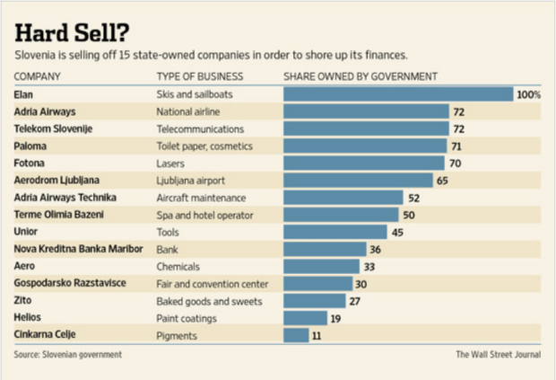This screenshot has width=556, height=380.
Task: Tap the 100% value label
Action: pyautogui.click(x=529, y=94)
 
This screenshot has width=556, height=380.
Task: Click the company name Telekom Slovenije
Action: pyautogui.click(x=54, y=128)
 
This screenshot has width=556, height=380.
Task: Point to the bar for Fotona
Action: pyautogui.click(x=363, y=163)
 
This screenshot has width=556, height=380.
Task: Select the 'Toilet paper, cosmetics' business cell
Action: pyautogui.click(x=204, y=146)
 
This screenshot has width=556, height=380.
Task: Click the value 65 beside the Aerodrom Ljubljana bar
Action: pyautogui.click(x=442, y=181)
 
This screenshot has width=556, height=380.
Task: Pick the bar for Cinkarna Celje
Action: pyautogui.click(x=295, y=335)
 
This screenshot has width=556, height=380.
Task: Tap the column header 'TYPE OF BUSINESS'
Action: pyautogui.click(x=199, y=76)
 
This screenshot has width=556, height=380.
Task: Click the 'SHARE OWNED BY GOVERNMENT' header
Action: pyautogui.click(x=360, y=76)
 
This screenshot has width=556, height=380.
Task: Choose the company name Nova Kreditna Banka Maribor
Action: pyautogui.click(x=79, y=249)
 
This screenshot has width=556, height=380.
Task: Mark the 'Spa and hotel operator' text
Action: pyautogui.click(x=204, y=215)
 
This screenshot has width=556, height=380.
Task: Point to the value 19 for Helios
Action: pyautogui.click(x=335, y=318)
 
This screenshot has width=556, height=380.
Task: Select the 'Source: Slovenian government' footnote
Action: pyautogui.click(x=68, y=355)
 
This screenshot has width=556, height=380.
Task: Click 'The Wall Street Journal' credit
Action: pyautogui.click(x=499, y=355)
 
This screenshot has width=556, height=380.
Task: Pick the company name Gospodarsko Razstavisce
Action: pyautogui.click(x=69, y=283)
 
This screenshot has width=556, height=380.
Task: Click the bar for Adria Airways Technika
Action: pyautogui.click(x=343, y=198)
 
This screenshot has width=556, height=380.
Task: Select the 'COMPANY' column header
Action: pyautogui.click(x=38, y=76)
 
